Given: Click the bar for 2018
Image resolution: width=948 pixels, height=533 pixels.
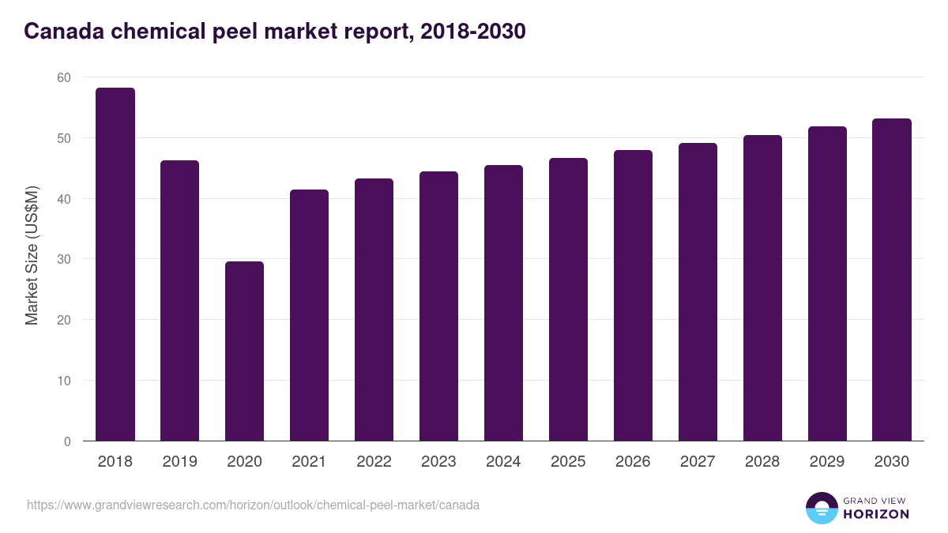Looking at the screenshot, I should [115, 265].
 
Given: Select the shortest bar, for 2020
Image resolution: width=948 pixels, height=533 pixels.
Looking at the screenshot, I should [245, 351].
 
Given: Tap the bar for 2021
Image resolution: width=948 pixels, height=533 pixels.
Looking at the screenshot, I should [310, 316].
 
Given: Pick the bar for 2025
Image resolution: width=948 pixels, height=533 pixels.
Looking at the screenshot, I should [569, 300].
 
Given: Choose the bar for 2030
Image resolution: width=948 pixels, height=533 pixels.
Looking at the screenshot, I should [892, 280].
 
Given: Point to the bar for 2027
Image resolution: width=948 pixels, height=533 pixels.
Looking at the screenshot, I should [698, 292].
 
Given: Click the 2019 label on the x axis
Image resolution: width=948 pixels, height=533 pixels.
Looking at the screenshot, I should [180, 462].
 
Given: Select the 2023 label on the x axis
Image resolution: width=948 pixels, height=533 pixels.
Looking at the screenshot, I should [439, 462].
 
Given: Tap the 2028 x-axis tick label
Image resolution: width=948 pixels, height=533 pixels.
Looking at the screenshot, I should [762, 462].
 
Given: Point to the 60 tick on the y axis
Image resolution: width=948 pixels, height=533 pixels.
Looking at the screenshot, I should [63, 77].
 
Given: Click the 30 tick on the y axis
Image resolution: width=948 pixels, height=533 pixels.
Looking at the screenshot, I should [63, 259].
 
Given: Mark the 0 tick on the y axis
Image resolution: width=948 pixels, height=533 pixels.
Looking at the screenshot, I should [66, 441].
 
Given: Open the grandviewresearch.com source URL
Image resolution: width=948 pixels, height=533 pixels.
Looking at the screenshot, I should [253, 505].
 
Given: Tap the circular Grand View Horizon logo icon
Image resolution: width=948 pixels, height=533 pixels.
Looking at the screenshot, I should [822, 508].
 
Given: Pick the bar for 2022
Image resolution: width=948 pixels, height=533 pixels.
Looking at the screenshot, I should [374, 310].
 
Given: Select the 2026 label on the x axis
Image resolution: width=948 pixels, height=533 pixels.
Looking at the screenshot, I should [634, 462].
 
